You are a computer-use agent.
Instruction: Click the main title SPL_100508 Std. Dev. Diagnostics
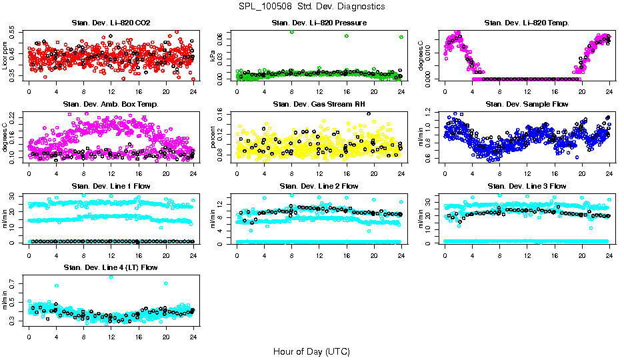coord(311,7)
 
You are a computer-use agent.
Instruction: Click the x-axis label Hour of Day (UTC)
coord(311,351)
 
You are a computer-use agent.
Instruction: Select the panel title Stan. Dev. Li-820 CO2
coord(111,23)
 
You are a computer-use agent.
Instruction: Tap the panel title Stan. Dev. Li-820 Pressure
coord(319,23)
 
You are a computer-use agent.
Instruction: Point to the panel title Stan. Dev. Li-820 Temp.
coord(527,23)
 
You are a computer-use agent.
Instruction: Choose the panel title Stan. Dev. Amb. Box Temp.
coord(111,105)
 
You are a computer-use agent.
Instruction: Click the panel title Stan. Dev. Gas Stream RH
coord(319,105)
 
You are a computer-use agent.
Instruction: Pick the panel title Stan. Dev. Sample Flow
coord(527,105)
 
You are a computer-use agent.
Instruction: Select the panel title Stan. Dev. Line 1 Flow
coord(111,186)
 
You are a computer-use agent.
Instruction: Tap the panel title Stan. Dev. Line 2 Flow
coord(319,186)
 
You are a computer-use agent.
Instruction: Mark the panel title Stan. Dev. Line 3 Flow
coord(527,186)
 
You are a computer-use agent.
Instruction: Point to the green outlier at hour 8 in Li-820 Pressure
coord(292,32)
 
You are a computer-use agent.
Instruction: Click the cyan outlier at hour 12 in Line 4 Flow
coord(111,277)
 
